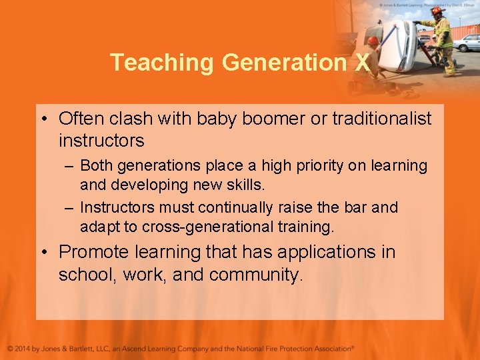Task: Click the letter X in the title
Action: click(x=362, y=62)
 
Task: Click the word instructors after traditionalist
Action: click(x=101, y=141)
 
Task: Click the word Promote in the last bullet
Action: click(x=94, y=252)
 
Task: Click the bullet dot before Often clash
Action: click(x=43, y=119)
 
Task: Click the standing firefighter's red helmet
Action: click(x=437, y=11)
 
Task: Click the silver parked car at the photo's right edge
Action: click(x=468, y=42)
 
